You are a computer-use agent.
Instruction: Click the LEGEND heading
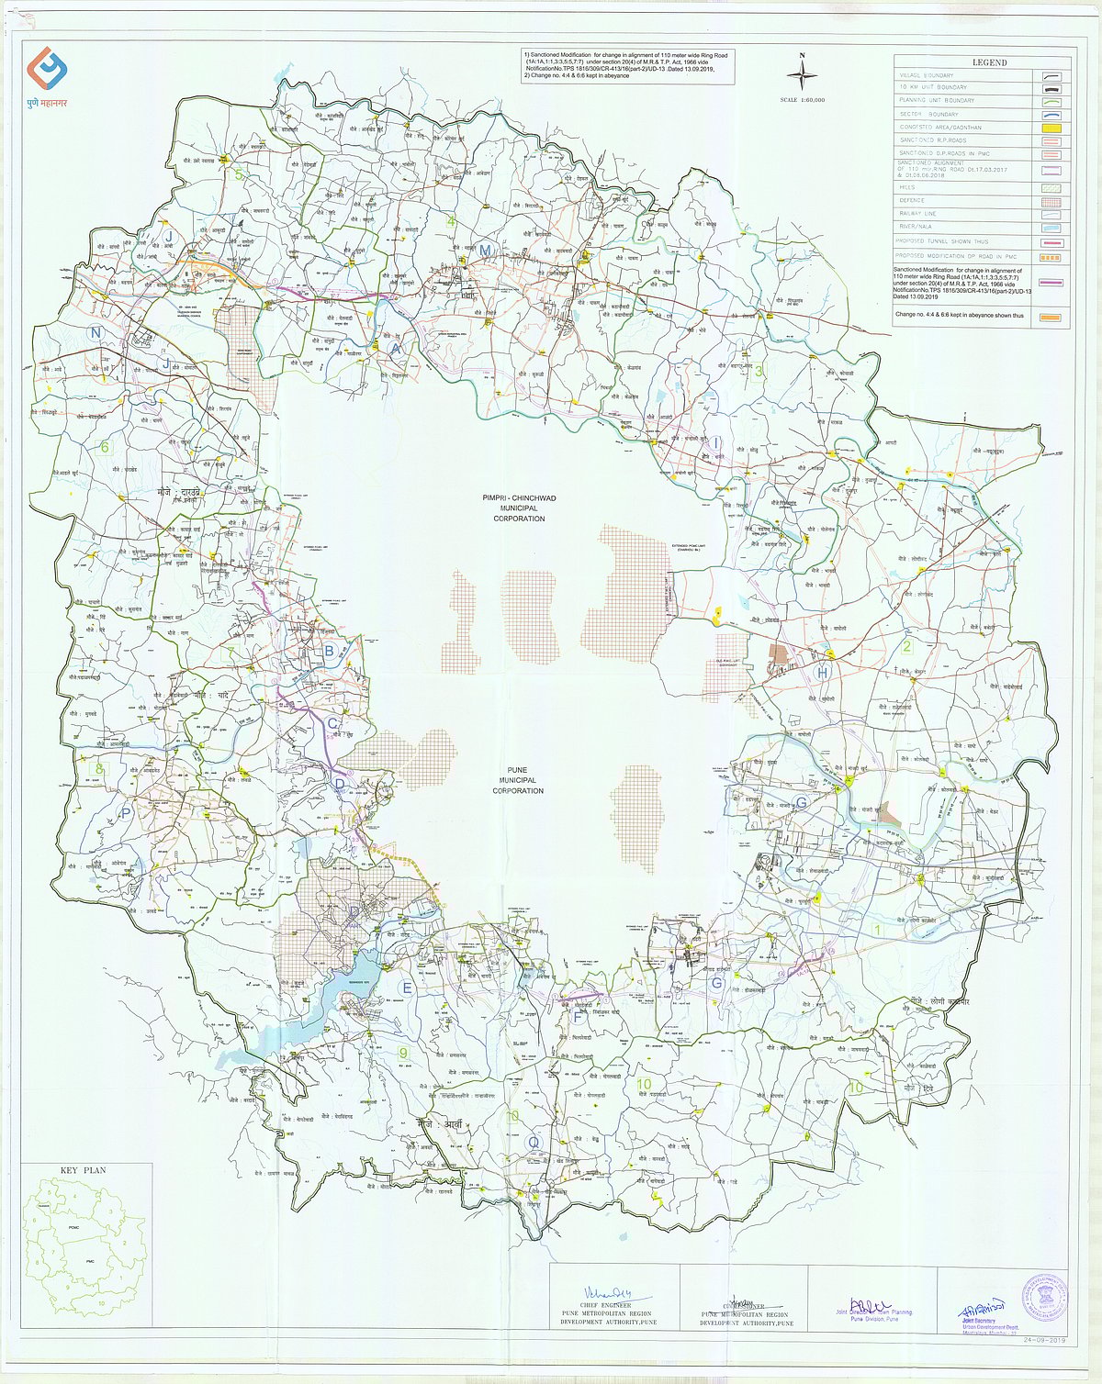(988, 62)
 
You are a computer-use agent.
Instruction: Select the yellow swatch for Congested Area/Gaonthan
(1052, 128)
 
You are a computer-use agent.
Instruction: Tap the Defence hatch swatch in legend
(1052, 200)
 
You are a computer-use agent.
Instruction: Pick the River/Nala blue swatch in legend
(1052, 228)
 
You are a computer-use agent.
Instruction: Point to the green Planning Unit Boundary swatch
(1052, 101)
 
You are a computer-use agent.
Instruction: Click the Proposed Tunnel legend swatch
(1052, 242)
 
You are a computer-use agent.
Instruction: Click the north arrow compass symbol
(802, 73)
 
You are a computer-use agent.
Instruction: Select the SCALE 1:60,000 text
(802, 99)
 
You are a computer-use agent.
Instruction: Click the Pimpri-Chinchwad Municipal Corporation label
(518, 508)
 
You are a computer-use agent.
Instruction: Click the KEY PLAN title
(83, 1171)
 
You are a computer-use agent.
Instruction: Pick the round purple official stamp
(1042, 1297)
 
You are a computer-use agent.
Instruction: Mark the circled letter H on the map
(824, 673)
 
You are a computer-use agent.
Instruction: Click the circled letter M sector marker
(485, 251)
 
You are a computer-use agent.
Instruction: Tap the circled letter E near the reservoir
(407, 988)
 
